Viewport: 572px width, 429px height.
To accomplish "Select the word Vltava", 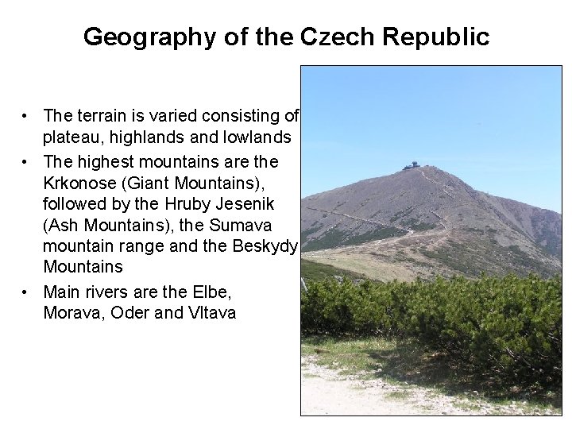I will point(211,312).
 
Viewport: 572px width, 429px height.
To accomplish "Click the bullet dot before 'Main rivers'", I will point(26,292).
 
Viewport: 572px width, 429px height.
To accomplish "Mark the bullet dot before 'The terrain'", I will point(26,116).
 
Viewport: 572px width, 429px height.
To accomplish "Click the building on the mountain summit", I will point(412,165).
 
